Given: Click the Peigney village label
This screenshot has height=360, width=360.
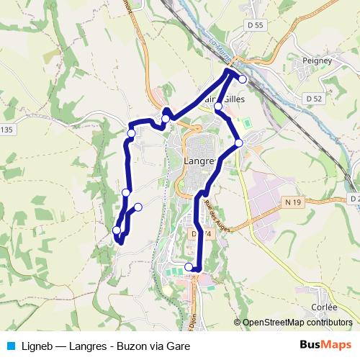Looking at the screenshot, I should [318, 62].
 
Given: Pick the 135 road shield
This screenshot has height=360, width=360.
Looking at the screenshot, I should [6, 130].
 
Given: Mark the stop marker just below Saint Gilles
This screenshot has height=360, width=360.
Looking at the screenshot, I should [218, 107].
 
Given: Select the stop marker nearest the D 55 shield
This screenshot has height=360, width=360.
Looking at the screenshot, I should [243, 79].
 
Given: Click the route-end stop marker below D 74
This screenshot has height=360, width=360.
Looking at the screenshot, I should [189, 267].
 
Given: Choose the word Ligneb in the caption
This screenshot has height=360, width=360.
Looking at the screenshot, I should [34, 346].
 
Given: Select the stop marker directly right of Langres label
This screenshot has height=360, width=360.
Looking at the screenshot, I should [239, 143].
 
